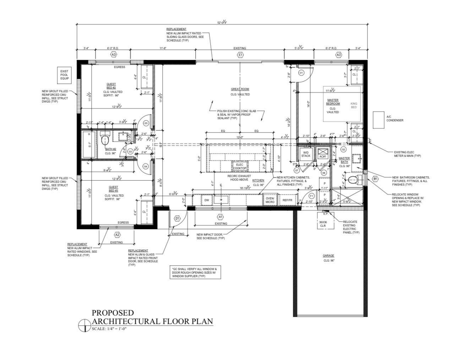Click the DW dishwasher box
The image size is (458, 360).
pyautogui.click(x=207, y=200)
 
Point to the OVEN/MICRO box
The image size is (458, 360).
pyautogui.click(x=270, y=200)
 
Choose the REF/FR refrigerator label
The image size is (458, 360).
pyautogui.click(x=287, y=200)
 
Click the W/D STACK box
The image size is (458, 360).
pyautogui.click(x=305, y=154)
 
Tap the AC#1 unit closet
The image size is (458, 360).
pyautogui.click(x=323, y=154)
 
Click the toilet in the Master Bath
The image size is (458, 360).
pyautogui.click(x=353, y=180)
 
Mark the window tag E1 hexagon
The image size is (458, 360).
pyautogui.click(x=240, y=55)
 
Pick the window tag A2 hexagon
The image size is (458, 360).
pyautogui.click(x=117, y=235)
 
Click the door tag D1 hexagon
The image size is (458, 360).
pyautogui.click(x=177, y=219)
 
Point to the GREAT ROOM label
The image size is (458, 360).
pyautogui.click(x=240, y=89)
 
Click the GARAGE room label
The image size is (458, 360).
pyautogui.click(x=328, y=256)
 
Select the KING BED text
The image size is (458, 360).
pyautogui.click(x=354, y=105)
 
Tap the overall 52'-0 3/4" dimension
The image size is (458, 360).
pyautogui.click(x=222, y=22)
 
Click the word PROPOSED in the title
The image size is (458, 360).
pyautogui.click(x=113, y=313)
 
